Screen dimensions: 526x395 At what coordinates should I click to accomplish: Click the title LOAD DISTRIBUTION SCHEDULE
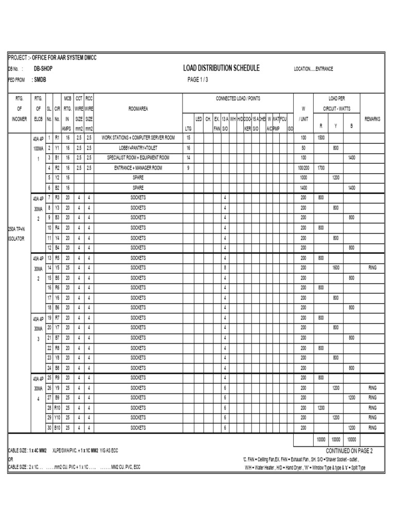221,68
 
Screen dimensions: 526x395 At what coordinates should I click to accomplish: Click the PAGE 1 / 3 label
198,80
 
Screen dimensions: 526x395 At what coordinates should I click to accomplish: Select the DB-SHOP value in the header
43,68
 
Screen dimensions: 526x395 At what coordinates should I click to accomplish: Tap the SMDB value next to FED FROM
39,80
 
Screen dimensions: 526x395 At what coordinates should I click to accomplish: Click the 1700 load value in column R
320,167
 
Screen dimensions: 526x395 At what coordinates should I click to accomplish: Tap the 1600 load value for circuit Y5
335,268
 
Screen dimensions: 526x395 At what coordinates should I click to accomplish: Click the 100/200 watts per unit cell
303,167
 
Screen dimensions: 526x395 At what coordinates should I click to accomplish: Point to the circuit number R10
58,407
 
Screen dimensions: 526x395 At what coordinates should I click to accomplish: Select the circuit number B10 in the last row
58,427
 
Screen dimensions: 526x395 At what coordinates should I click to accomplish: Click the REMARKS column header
372,119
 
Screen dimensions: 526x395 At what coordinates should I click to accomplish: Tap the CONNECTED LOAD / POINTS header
238,98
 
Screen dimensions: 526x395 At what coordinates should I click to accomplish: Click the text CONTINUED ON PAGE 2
349,450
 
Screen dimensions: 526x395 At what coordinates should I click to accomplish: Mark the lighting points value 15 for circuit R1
188,138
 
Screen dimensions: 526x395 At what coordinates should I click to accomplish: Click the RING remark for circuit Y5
372,268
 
